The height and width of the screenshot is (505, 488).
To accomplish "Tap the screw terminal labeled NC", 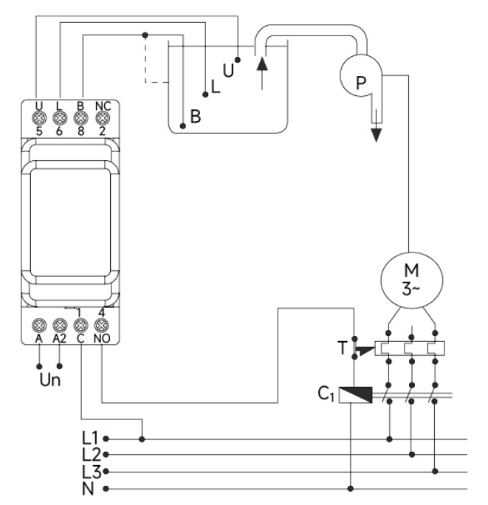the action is pyautogui.click(x=103, y=118).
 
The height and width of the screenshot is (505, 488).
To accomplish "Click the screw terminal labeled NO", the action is pyautogui.click(x=101, y=326).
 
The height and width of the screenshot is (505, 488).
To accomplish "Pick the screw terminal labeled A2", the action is pyautogui.click(x=60, y=326).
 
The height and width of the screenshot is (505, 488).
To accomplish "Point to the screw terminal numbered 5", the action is pyautogui.click(x=39, y=118).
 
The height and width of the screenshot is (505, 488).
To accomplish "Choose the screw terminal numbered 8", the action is pyautogui.click(x=81, y=118).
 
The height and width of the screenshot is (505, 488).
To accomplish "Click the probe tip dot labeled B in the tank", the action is pyautogui.click(x=182, y=126).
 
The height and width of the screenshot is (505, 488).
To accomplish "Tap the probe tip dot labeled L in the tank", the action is pyautogui.click(x=205, y=95).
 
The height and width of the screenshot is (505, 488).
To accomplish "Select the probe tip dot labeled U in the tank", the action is pyautogui.click(x=238, y=60).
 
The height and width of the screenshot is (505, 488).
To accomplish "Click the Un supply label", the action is pyautogui.click(x=50, y=379).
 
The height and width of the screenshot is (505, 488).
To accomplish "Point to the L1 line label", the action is pyautogui.click(x=90, y=438).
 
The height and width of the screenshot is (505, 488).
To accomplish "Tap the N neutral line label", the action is pyautogui.click(x=88, y=489).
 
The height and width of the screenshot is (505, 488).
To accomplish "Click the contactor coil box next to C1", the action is pyautogui.click(x=356, y=395).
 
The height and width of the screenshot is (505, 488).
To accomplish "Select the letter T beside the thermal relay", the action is pyautogui.click(x=343, y=348).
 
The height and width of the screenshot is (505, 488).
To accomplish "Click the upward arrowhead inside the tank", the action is pyautogui.click(x=262, y=63).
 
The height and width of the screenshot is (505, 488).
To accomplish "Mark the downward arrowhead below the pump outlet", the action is pyautogui.click(x=377, y=135).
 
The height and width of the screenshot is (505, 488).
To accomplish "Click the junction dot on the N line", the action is pyautogui.click(x=351, y=489).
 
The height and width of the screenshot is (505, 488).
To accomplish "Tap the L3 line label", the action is pyautogui.click(x=92, y=472).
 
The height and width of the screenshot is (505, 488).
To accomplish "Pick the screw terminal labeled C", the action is pyautogui.click(x=81, y=326).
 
